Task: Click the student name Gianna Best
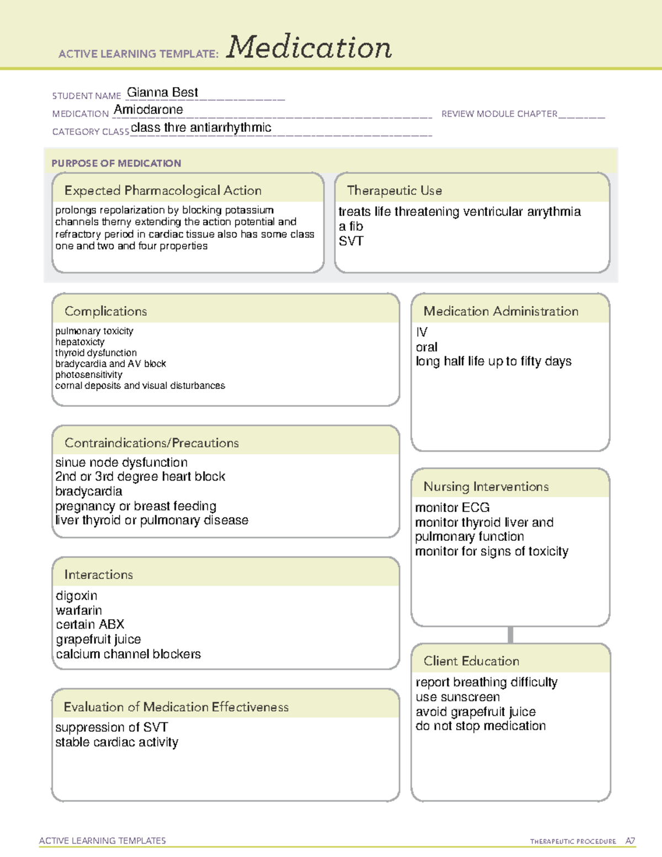(x=162, y=93)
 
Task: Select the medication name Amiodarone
(x=148, y=110)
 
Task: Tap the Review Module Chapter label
(x=499, y=114)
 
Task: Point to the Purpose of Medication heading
(x=116, y=163)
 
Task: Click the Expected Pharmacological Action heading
(x=163, y=190)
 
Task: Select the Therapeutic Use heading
(x=394, y=190)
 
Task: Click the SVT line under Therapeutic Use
(x=351, y=241)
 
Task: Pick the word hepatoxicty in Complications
(x=79, y=342)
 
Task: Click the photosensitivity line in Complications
(x=88, y=375)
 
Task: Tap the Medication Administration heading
(x=501, y=311)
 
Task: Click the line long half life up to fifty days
(x=494, y=361)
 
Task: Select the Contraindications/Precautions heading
(x=152, y=443)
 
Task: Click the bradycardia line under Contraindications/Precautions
(x=89, y=491)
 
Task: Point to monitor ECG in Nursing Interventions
(x=452, y=508)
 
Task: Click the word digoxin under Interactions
(x=77, y=596)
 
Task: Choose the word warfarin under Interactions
(x=79, y=610)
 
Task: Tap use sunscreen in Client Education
(x=458, y=697)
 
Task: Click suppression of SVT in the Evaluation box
(x=111, y=727)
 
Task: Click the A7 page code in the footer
(x=630, y=841)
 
